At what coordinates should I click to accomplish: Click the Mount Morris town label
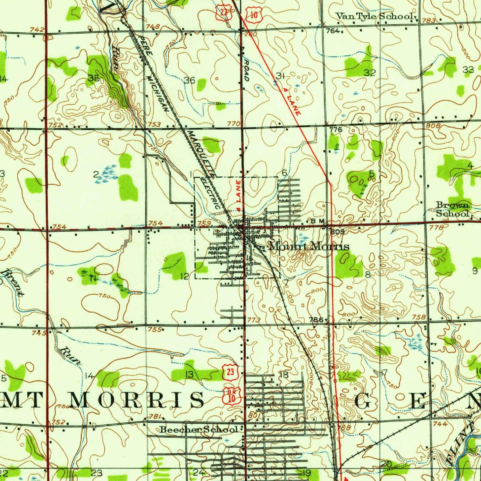point(309,246)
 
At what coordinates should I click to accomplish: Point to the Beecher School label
point(199,429)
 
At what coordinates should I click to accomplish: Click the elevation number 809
point(337,232)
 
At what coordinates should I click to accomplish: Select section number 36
point(190,80)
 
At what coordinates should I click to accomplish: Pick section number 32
point(369,73)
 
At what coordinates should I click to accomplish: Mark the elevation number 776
point(336,130)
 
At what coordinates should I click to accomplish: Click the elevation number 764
point(333,31)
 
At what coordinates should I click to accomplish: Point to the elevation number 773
point(254,320)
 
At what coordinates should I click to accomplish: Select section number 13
point(190,374)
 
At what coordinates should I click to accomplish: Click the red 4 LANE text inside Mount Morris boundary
point(238,196)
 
